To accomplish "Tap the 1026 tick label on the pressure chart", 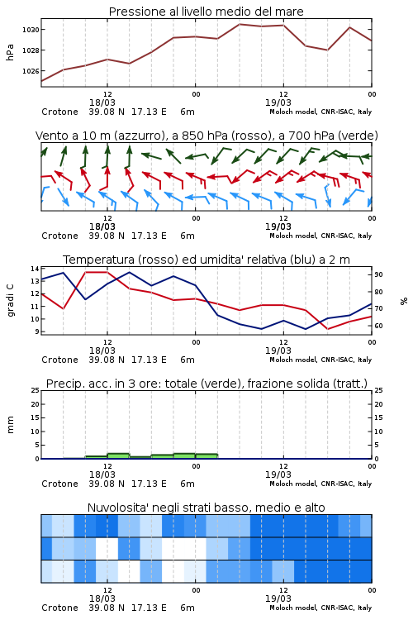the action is (31, 71).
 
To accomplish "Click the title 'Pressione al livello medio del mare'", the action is (206, 12).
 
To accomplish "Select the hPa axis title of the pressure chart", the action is (10, 52).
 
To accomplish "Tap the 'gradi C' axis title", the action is (11, 301).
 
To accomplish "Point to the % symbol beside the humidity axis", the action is (404, 301).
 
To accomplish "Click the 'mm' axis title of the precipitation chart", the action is (11, 425).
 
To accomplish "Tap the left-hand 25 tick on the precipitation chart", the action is (36, 391).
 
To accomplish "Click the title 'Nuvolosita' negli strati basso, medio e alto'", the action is (206, 508).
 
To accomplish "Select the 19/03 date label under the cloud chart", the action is (278, 599).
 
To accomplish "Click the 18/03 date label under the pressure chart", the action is (102, 103).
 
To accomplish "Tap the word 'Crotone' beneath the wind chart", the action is (59, 236).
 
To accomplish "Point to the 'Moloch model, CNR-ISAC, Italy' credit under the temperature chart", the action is (320, 360).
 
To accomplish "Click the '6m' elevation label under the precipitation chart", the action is (188, 484).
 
